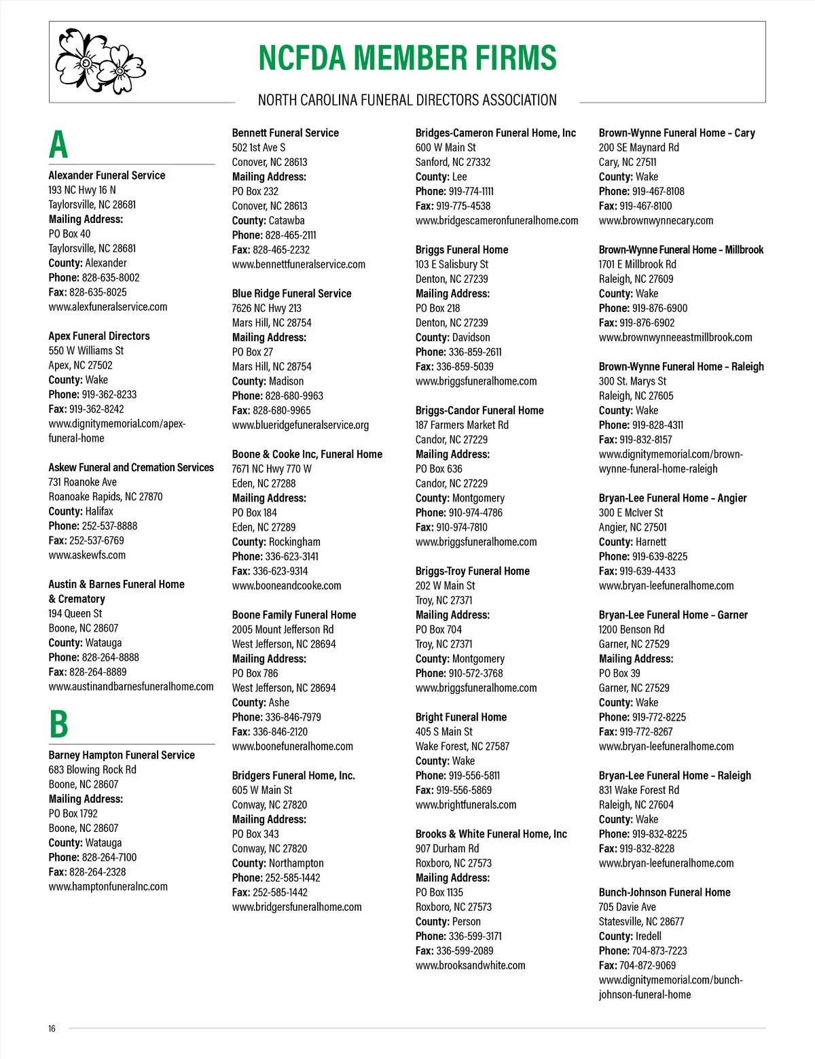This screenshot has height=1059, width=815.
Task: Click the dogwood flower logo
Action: (101, 61)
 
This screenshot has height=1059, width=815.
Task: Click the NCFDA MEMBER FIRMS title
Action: (407, 58)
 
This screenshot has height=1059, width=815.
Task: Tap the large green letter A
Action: (58, 145)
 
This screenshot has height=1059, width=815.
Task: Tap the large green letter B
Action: (59, 725)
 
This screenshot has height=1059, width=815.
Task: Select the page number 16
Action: (52, 1028)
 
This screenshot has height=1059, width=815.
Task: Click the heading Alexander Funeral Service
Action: (107, 175)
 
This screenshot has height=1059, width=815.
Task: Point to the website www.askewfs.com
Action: (87, 555)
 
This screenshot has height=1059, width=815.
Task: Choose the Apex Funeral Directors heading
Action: (99, 336)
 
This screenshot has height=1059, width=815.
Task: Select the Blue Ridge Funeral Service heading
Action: (291, 294)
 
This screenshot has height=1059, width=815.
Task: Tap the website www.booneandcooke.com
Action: (287, 586)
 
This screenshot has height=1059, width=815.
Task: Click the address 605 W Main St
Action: (262, 791)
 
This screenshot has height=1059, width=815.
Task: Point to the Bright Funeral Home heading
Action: (461, 717)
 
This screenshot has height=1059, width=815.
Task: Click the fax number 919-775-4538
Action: (463, 206)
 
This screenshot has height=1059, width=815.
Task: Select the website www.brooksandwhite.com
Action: (470, 966)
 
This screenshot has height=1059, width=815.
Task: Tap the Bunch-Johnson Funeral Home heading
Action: (664, 892)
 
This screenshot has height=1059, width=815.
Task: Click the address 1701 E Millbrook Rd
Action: (637, 264)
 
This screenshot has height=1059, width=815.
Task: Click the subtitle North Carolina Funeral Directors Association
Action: (407, 101)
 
